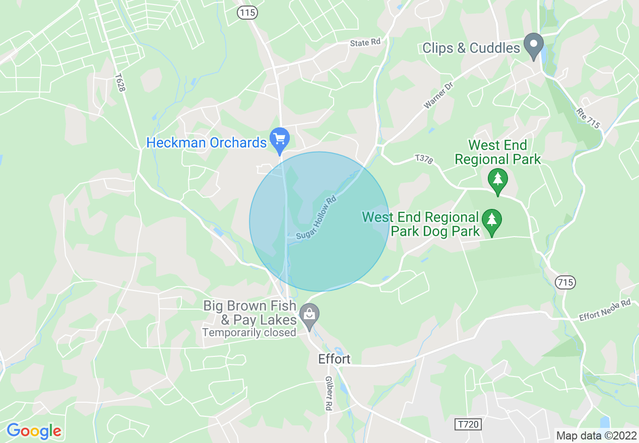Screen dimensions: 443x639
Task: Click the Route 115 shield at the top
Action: [x=247, y=13]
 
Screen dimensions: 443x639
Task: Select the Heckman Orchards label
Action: [x=206, y=143]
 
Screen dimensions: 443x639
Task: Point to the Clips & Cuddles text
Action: [x=471, y=48]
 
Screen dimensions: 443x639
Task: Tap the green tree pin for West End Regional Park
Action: [x=498, y=180]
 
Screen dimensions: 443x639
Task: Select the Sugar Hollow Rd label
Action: [x=316, y=217]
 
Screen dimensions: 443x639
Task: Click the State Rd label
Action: [x=365, y=43]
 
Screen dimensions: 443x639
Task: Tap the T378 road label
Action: [x=424, y=159]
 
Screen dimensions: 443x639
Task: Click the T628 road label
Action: [x=119, y=83]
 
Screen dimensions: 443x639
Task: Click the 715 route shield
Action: [x=565, y=282]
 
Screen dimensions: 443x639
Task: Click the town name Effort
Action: [x=334, y=359]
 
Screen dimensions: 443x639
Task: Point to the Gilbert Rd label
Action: [x=329, y=393]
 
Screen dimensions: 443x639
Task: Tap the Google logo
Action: [x=34, y=431]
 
